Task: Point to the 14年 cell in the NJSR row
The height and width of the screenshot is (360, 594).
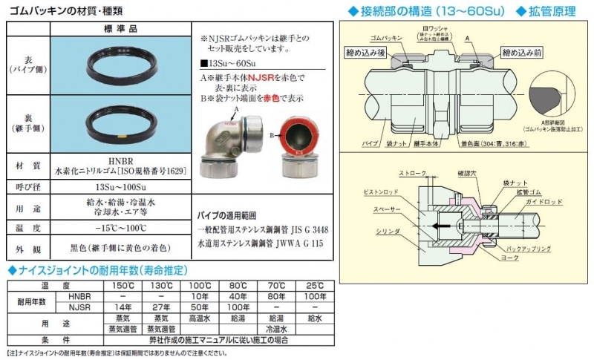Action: point(117,306)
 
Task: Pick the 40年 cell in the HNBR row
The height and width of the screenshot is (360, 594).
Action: point(238,296)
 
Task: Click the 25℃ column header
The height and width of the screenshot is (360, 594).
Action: point(315,286)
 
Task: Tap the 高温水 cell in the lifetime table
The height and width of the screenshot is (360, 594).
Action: point(199,317)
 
